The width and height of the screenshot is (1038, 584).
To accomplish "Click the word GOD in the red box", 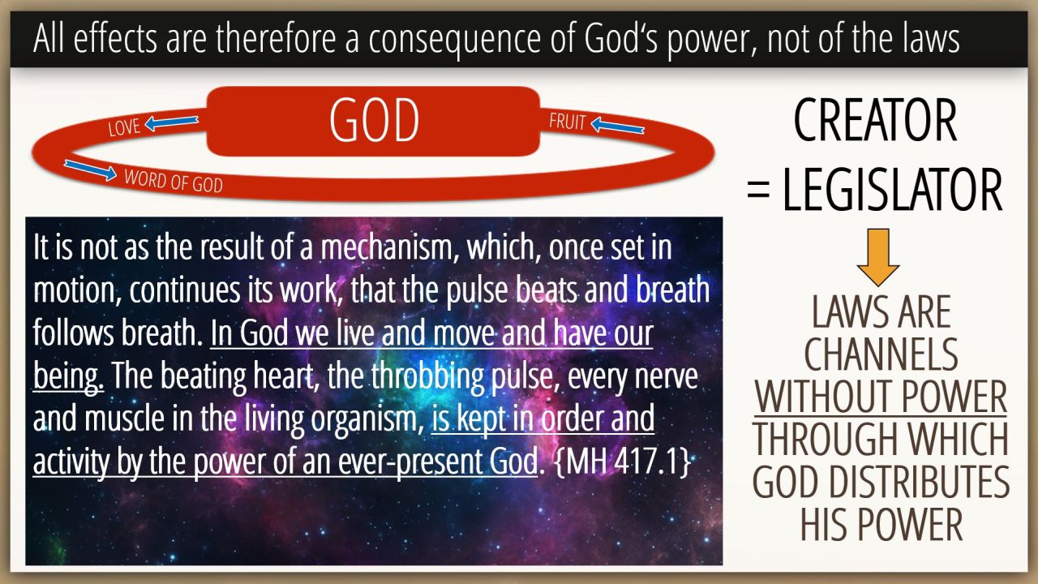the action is [x=375, y=120].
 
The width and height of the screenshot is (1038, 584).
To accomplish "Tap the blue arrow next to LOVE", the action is [x=171, y=122].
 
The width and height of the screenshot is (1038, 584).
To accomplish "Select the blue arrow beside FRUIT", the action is [x=618, y=126].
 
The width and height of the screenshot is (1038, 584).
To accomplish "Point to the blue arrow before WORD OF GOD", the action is [x=90, y=170].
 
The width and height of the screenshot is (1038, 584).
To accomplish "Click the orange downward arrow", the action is [x=878, y=257].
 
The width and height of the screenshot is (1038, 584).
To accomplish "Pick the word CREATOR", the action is [x=875, y=121].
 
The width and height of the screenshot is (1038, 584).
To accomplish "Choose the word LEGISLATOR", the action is [x=893, y=190].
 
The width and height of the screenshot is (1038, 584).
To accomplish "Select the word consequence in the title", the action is [x=455, y=39].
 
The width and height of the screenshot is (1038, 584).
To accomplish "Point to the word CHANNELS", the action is [x=881, y=354].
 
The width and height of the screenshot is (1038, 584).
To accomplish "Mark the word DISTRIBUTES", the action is [x=919, y=482].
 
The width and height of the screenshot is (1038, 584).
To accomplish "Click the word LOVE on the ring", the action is [x=124, y=127].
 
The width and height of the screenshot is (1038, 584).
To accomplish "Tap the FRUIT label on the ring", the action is [x=567, y=122].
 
